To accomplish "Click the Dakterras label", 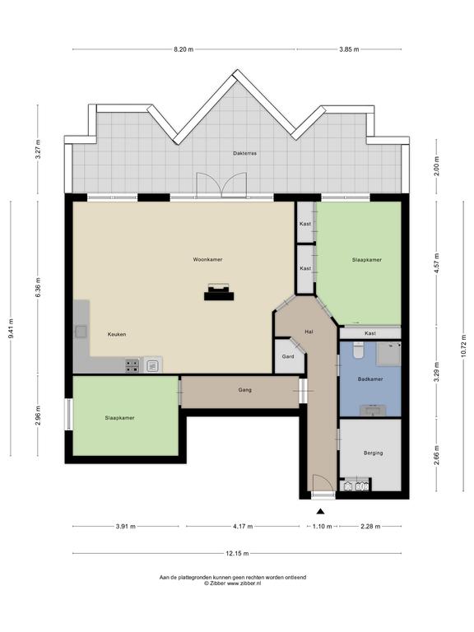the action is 244,153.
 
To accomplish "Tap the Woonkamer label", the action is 207,259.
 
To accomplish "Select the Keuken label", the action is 117,334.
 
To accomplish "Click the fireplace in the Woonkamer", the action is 219,292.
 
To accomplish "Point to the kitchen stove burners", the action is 132,365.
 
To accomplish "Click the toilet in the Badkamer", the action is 358,350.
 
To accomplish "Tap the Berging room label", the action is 374,453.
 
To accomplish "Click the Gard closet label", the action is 288,356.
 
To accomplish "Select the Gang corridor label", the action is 244,390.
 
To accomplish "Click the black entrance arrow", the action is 320,512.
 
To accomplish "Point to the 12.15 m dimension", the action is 237,553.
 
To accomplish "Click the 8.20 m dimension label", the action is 184,49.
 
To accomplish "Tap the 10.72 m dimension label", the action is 463,346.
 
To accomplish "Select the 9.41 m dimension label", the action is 11,328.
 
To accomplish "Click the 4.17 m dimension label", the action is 243,527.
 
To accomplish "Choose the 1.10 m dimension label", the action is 323,527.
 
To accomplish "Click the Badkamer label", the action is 370,379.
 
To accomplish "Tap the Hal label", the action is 309,332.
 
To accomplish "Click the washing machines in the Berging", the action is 355,486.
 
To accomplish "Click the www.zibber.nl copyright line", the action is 233,583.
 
